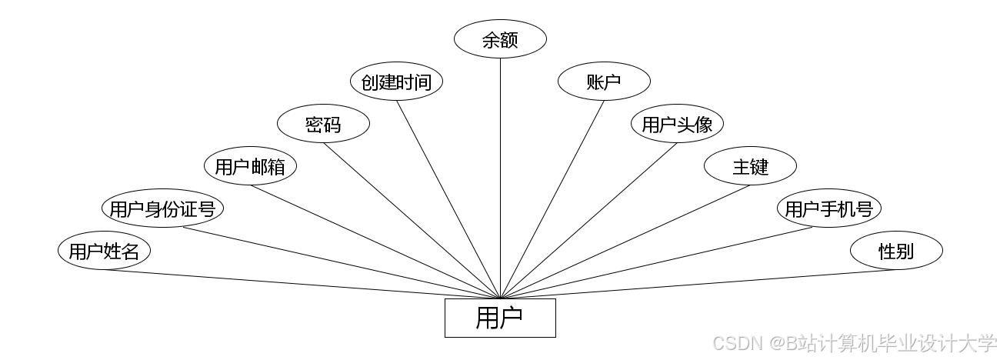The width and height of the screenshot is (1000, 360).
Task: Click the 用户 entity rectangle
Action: click(500, 318)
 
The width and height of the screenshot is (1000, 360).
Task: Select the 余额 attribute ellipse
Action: click(500, 40)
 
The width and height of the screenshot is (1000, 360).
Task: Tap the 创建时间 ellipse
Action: click(396, 82)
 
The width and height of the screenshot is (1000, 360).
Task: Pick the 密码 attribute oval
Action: click(323, 125)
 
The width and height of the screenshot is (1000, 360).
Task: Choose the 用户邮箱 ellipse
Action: click(250, 167)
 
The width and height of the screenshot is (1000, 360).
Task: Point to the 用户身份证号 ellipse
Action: click(162, 208)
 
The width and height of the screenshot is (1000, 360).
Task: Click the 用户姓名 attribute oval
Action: click(104, 251)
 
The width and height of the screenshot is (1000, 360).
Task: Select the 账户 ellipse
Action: click(604, 82)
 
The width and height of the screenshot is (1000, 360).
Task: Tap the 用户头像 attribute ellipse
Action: click(677, 125)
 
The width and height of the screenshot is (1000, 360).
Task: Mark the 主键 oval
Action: click(750, 167)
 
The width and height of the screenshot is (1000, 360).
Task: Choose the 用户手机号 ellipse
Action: click(828, 208)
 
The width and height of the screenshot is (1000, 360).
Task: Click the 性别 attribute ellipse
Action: click(896, 251)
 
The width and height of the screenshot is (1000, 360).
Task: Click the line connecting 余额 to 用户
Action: click(500, 177)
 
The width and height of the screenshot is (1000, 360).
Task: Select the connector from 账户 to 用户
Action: click(552, 199)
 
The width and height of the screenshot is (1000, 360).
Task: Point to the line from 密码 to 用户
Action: click(412, 220)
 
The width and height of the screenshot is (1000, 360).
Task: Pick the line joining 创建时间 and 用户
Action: click(448, 199)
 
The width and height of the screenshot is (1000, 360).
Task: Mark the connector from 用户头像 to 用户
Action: click(588, 220)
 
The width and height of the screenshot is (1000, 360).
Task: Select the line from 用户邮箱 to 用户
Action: click(375, 242)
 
